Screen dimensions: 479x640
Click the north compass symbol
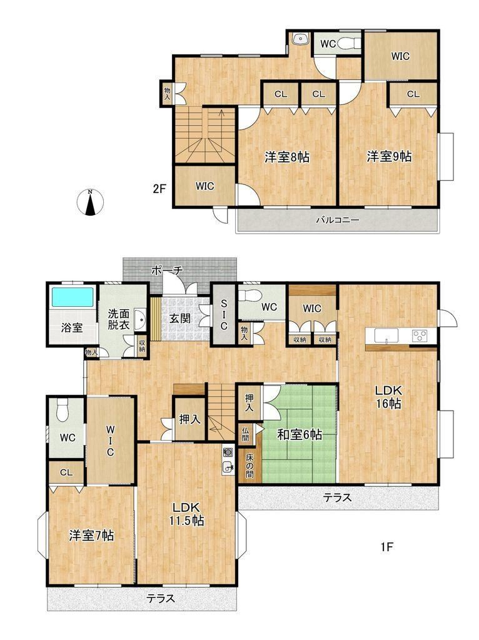pos(90,202)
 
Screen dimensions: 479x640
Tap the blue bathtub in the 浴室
pos(73,297)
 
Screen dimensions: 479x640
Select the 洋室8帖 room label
pos(287,157)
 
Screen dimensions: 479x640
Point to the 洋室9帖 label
pos(389,156)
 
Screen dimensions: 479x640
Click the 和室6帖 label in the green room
pos(300,435)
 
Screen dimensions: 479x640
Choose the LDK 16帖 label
pos(389,397)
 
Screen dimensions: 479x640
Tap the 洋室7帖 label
pos(91,535)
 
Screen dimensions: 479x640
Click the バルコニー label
pos(338,221)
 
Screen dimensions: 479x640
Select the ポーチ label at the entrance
pos(168,270)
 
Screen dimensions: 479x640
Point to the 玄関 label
pos(180,318)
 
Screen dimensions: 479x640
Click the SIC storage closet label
pos(223,315)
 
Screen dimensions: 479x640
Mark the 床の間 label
pos(249,465)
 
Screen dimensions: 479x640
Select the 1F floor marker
pos(386,546)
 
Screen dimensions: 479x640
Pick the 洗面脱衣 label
pos(119,320)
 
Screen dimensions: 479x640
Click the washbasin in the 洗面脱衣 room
pos(139,319)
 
